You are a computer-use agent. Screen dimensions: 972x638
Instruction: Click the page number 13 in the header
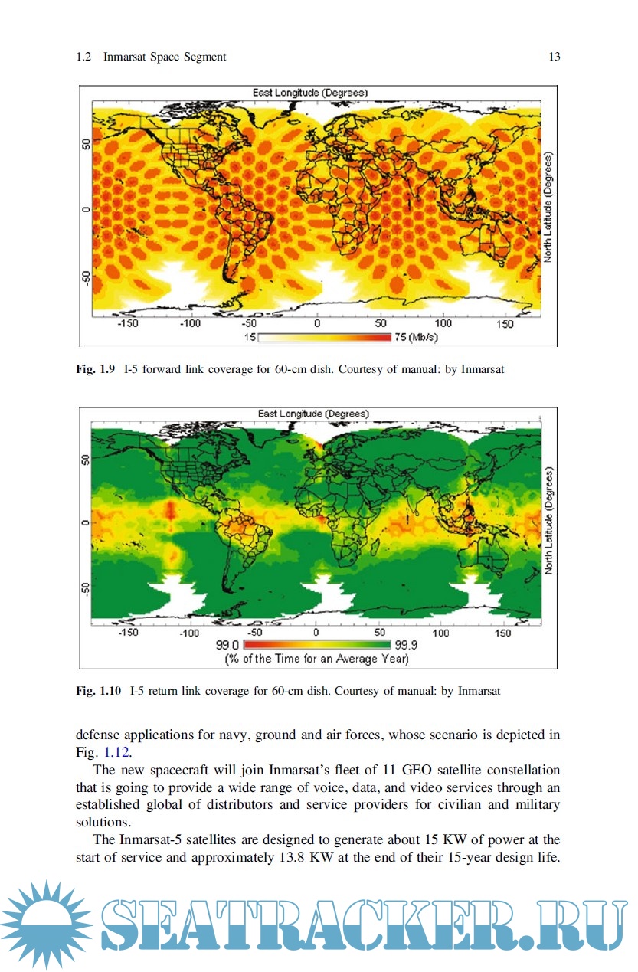point(555,57)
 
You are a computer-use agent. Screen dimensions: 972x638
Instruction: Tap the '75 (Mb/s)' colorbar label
point(416,337)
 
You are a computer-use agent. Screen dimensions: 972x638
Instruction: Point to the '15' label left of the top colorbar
point(250,337)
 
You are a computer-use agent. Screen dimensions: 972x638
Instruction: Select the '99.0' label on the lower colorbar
point(230,646)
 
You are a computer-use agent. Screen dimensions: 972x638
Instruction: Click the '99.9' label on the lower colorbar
point(406,646)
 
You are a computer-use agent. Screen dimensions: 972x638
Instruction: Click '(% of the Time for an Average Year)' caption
point(316,659)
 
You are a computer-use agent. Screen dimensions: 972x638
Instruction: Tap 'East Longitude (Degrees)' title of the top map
point(310,93)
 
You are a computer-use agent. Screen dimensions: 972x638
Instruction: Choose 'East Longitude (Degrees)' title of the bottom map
point(314,414)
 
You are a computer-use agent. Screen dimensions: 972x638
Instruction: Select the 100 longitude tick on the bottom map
point(442,633)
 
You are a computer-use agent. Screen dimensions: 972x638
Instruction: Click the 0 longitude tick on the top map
point(317,324)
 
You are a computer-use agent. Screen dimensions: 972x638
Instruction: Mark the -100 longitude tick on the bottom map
point(189,633)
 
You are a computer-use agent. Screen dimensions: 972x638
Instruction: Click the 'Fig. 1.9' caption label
point(95,369)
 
